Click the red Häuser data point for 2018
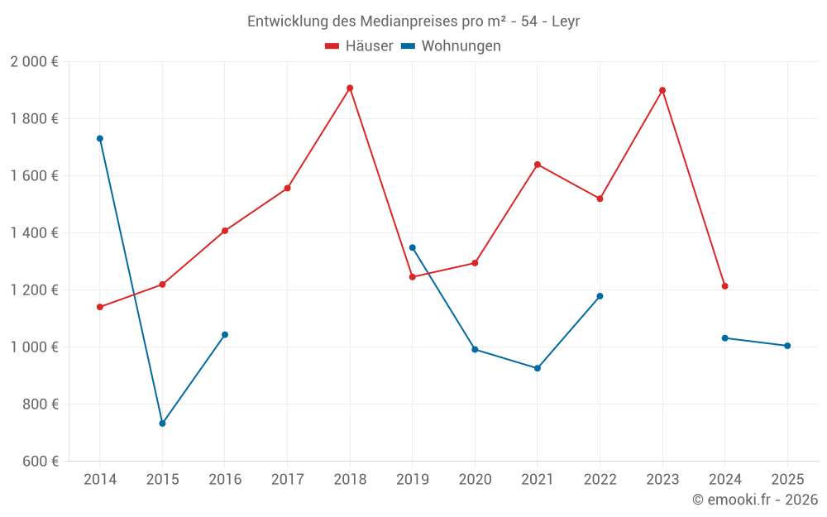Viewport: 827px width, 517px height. [350, 88]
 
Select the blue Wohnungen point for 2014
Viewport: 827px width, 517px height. [100, 138]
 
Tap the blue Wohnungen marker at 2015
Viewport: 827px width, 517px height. [162, 424]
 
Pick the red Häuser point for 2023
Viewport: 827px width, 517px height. [662, 90]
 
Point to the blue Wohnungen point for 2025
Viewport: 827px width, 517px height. [787, 346]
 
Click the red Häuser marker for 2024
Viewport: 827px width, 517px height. [724, 286]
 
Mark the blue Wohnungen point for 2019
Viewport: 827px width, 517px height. [413, 247]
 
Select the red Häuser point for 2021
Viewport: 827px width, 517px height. [538, 165]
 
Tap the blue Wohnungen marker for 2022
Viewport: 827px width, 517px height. [600, 296]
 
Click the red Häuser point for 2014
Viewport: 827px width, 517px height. [100, 307]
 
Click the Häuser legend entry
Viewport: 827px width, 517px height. [359, 46]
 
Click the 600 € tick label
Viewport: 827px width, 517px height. [39, 462]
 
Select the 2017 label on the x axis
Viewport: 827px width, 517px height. [287, 480]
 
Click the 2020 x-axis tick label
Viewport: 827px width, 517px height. [475, 480]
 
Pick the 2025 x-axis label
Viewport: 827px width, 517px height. [787, 480]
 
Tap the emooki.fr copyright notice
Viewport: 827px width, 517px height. [754, 500]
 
